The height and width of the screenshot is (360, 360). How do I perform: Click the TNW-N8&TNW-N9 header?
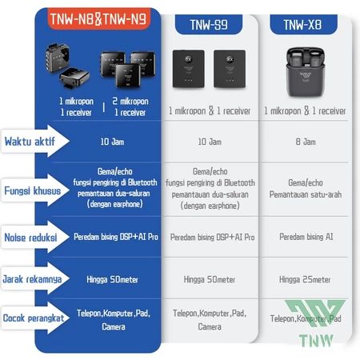click(x=98, y=19)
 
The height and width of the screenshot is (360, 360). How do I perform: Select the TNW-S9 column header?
click(x=209, y=25)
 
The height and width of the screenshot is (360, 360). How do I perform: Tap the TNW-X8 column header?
click(x=303, y=25)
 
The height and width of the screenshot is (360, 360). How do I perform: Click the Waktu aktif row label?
click(x=30, y=142)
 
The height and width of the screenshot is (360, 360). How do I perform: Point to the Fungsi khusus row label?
click(x=33, y=191)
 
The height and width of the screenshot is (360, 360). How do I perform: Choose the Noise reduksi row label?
click(x=30, y=238)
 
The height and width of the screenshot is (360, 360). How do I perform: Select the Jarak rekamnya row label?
click(x=32, y=279)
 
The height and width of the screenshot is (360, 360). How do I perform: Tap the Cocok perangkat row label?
click(x=34, y=318)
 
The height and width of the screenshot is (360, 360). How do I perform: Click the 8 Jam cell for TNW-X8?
click(x=306, y=142)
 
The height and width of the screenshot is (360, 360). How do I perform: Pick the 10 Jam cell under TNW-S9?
click(x=210, y=142)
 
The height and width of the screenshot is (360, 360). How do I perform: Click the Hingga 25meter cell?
click(x=305, y=279)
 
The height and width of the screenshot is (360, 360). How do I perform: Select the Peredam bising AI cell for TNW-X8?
click(x=306, y=237)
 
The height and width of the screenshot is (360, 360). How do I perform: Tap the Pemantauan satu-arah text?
click(x=306, y=194)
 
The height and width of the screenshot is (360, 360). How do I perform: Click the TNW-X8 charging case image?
click(x=306, y=72)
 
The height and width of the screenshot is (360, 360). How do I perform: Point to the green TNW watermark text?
click(x=316, y=341)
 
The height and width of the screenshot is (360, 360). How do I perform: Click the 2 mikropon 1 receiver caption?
click(x=130, y=106)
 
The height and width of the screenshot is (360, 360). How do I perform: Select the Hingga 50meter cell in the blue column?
click(x=112, y=279)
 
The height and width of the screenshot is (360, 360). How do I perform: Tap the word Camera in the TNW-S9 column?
click(x=210, y=326)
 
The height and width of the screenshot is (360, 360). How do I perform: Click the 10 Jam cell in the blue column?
click(x=112, y=142)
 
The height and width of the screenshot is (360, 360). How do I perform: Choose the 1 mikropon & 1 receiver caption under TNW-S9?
click(x=210, y=110)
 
